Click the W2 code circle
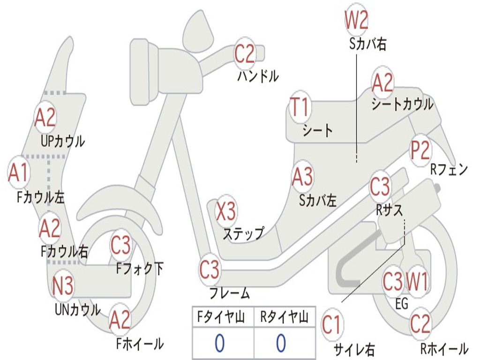[x=356, y=20]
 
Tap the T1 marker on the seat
[x=300, y=107]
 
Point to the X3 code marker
[x=225, y=211]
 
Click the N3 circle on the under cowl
[x=63, y=285]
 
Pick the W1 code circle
[x=417, y=282]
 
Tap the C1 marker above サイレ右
[x=331, y=325]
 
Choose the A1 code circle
[x=18, y=173]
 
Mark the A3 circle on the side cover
[x=302, y=177]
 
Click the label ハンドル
[x=258, y=75]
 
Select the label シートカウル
[x=402, y=104]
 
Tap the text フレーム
[x=229, y=294]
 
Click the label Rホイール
[x=443, y=349]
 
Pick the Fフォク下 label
[x=140, y=269]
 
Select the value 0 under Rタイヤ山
[x=281, y=344]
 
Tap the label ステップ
[x=243, y=233]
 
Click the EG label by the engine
[x=402, y=304]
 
